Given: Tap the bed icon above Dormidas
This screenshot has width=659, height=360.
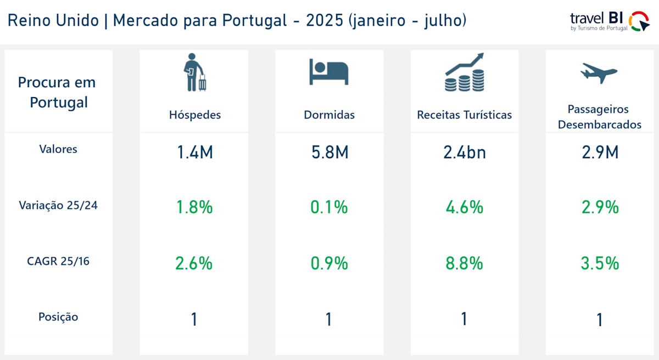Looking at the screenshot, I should [328, 72].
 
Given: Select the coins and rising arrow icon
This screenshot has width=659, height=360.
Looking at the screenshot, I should [464, 72].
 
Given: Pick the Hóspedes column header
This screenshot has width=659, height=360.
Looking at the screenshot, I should [195, 115].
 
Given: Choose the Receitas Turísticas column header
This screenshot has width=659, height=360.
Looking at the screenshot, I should [465, 115].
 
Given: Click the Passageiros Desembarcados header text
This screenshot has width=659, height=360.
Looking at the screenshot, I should [599, 117].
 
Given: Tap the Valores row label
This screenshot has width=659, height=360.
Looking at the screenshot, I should [58, 149].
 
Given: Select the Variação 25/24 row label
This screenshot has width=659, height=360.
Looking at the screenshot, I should [58, 205].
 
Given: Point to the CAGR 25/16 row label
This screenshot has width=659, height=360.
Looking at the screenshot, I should [58, 261].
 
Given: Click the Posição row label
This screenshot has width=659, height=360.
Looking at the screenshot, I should [58, 317].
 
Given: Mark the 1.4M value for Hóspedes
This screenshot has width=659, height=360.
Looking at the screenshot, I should [194, 152].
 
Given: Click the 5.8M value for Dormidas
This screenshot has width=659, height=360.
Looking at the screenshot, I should [329, 152].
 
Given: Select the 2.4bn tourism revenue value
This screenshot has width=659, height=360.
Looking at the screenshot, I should [464, 152].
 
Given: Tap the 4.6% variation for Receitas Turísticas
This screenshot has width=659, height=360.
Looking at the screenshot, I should [465, 207].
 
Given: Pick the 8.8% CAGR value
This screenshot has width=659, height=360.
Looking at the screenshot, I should [465, 263].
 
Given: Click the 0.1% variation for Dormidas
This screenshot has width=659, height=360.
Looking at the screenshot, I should [329, 207].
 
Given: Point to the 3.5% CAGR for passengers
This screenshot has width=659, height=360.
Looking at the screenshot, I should [600, 263].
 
